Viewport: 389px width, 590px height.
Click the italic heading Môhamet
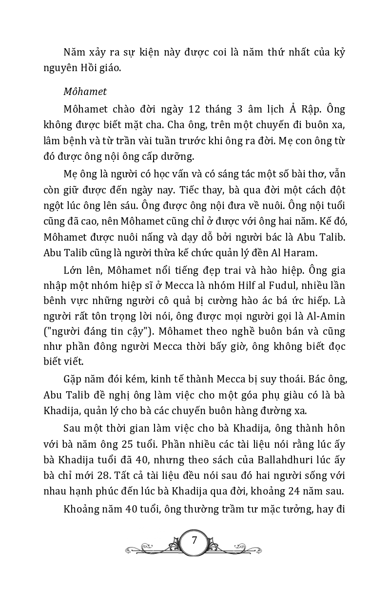(x=85, y=91)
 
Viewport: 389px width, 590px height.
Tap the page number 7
(x=194, y=540)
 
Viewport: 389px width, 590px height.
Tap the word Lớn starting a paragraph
(x=73, y=269)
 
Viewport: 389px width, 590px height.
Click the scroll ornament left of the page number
(x=149, y=543)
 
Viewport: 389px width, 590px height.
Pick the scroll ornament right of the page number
(x=239, y=543)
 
